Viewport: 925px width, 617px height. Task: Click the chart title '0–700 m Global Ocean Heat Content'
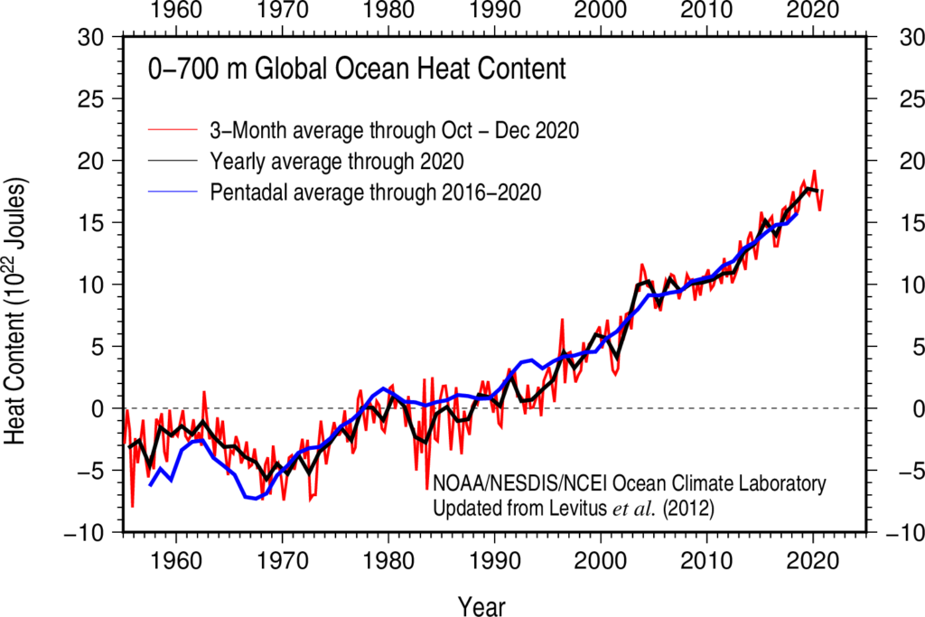click(357, 69)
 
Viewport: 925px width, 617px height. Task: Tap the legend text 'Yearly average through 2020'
click(337, 162)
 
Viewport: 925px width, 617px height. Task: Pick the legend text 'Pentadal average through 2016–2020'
click(375, 192)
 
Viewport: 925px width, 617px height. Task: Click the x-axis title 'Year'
click(481, 604)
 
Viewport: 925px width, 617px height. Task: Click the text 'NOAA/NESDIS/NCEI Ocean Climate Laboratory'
click(630, 482)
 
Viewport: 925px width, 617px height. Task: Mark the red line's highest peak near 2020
click(814, 171)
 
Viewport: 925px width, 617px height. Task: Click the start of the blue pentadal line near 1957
click(150, 486)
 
